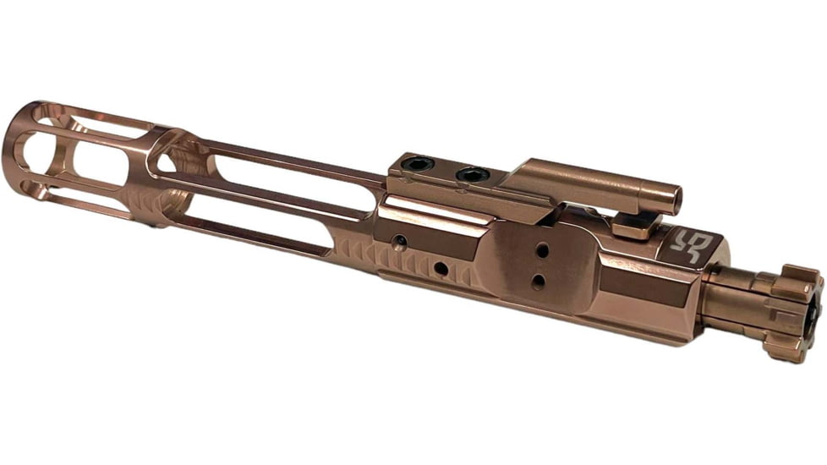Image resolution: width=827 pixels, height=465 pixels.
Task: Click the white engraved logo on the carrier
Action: tap(692, 243)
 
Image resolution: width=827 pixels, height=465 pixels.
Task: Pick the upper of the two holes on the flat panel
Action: tap(542, 250)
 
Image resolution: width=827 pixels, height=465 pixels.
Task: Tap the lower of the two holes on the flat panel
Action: tap(539, 281)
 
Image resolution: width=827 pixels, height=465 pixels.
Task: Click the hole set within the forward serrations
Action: tap(441, 269)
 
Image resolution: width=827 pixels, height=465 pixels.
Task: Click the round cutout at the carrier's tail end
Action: tap(34, 152)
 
